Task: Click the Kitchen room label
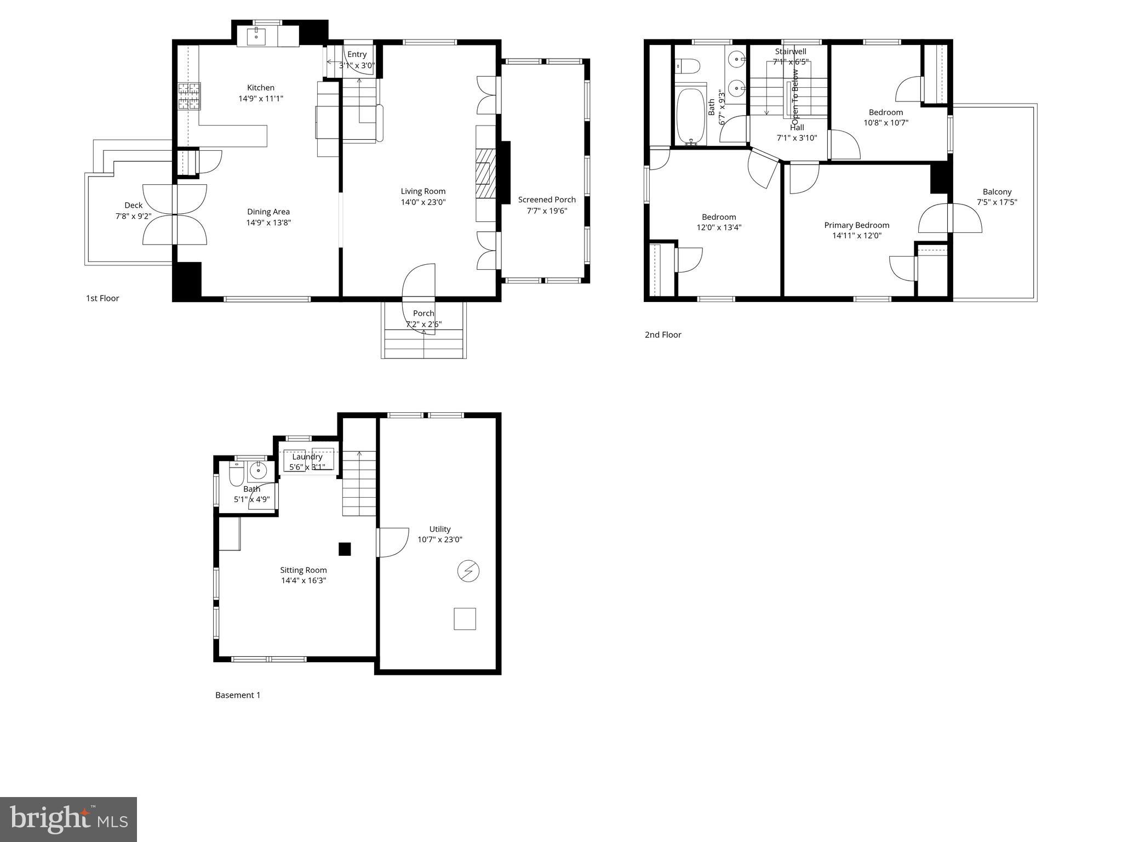[261, 88]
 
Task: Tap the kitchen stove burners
[189, 96]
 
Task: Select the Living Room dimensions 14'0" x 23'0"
[423, 202]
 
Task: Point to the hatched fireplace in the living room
[485, 173]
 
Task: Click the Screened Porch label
[547, 200]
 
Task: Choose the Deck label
[133, 206]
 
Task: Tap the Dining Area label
[268, 212]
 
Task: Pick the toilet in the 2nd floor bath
[688, 66]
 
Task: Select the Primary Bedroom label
[856, 225]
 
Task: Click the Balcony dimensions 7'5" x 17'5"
[997, 202]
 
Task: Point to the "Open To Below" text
[795, 93]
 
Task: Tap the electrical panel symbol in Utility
[468, 571]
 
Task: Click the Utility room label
[439, 529]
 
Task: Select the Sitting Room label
[303, 570]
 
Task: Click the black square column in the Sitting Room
[344, 549]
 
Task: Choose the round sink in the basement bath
[257, 470]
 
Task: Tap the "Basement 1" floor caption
[238, 695]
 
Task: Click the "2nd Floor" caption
[663, 334]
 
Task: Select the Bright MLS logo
[68, 819]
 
